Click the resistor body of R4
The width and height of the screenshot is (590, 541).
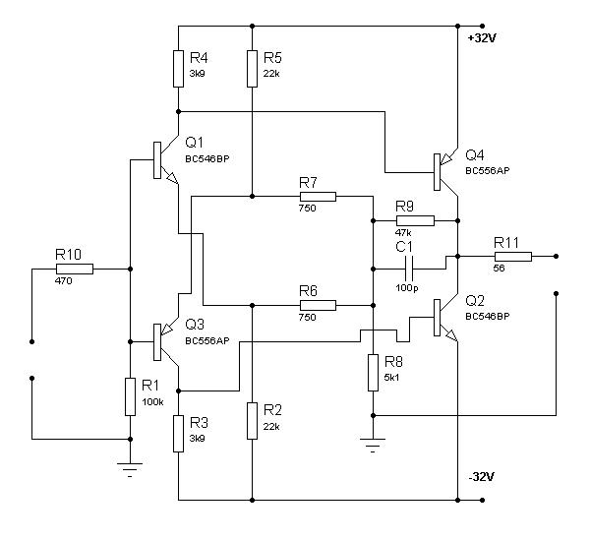click(178, 69)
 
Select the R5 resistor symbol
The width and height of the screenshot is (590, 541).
click(252, 69)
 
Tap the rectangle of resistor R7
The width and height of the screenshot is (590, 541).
click(318, 197)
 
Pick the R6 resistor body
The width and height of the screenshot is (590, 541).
click(318, 305)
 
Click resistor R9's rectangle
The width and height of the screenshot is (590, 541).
click(415, 221)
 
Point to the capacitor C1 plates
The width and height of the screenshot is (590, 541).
click(409, 269)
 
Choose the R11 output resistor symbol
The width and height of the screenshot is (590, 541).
click(513, 257)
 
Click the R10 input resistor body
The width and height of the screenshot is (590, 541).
click(75, 269)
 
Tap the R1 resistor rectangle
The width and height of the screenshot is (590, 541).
click(130, 396)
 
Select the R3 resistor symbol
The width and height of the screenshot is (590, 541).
click(178, 434)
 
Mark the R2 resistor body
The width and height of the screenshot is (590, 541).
click(252, 421)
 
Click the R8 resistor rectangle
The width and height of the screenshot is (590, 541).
click(373, 373)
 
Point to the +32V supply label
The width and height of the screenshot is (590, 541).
click(482, 38)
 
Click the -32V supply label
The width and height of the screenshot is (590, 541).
click(481, 477)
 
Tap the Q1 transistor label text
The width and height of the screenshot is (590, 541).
click(194, 143)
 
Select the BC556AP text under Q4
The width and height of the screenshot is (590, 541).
click(488, 171)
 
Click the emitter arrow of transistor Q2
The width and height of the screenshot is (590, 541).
click(450, 334)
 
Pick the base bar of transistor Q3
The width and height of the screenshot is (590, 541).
click(157, 342)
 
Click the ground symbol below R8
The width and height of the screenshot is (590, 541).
click(373, 445)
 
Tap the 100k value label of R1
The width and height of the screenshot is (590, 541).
click(152, 402)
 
